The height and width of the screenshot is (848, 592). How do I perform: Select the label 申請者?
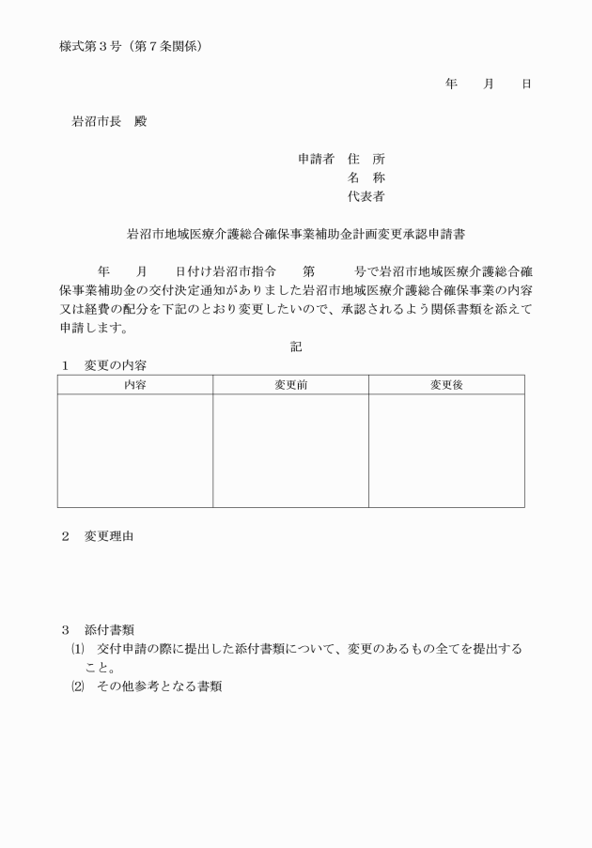point(316,159)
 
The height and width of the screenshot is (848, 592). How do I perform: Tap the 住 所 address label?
point(366,159)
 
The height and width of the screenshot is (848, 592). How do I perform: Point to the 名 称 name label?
point(366,177)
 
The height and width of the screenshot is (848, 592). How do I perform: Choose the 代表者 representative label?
point(366,196)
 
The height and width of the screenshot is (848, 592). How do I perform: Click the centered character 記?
point(296,347)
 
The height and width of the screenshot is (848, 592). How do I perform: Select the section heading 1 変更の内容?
point(102,364)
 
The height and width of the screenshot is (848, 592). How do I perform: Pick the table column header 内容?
point(135,385)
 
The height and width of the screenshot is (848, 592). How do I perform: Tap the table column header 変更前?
point(290,385)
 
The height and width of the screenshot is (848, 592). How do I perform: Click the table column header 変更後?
point(446,385)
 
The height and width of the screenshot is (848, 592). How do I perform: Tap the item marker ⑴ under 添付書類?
point(77,649)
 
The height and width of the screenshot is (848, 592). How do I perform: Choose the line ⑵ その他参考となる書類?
point(150,686)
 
